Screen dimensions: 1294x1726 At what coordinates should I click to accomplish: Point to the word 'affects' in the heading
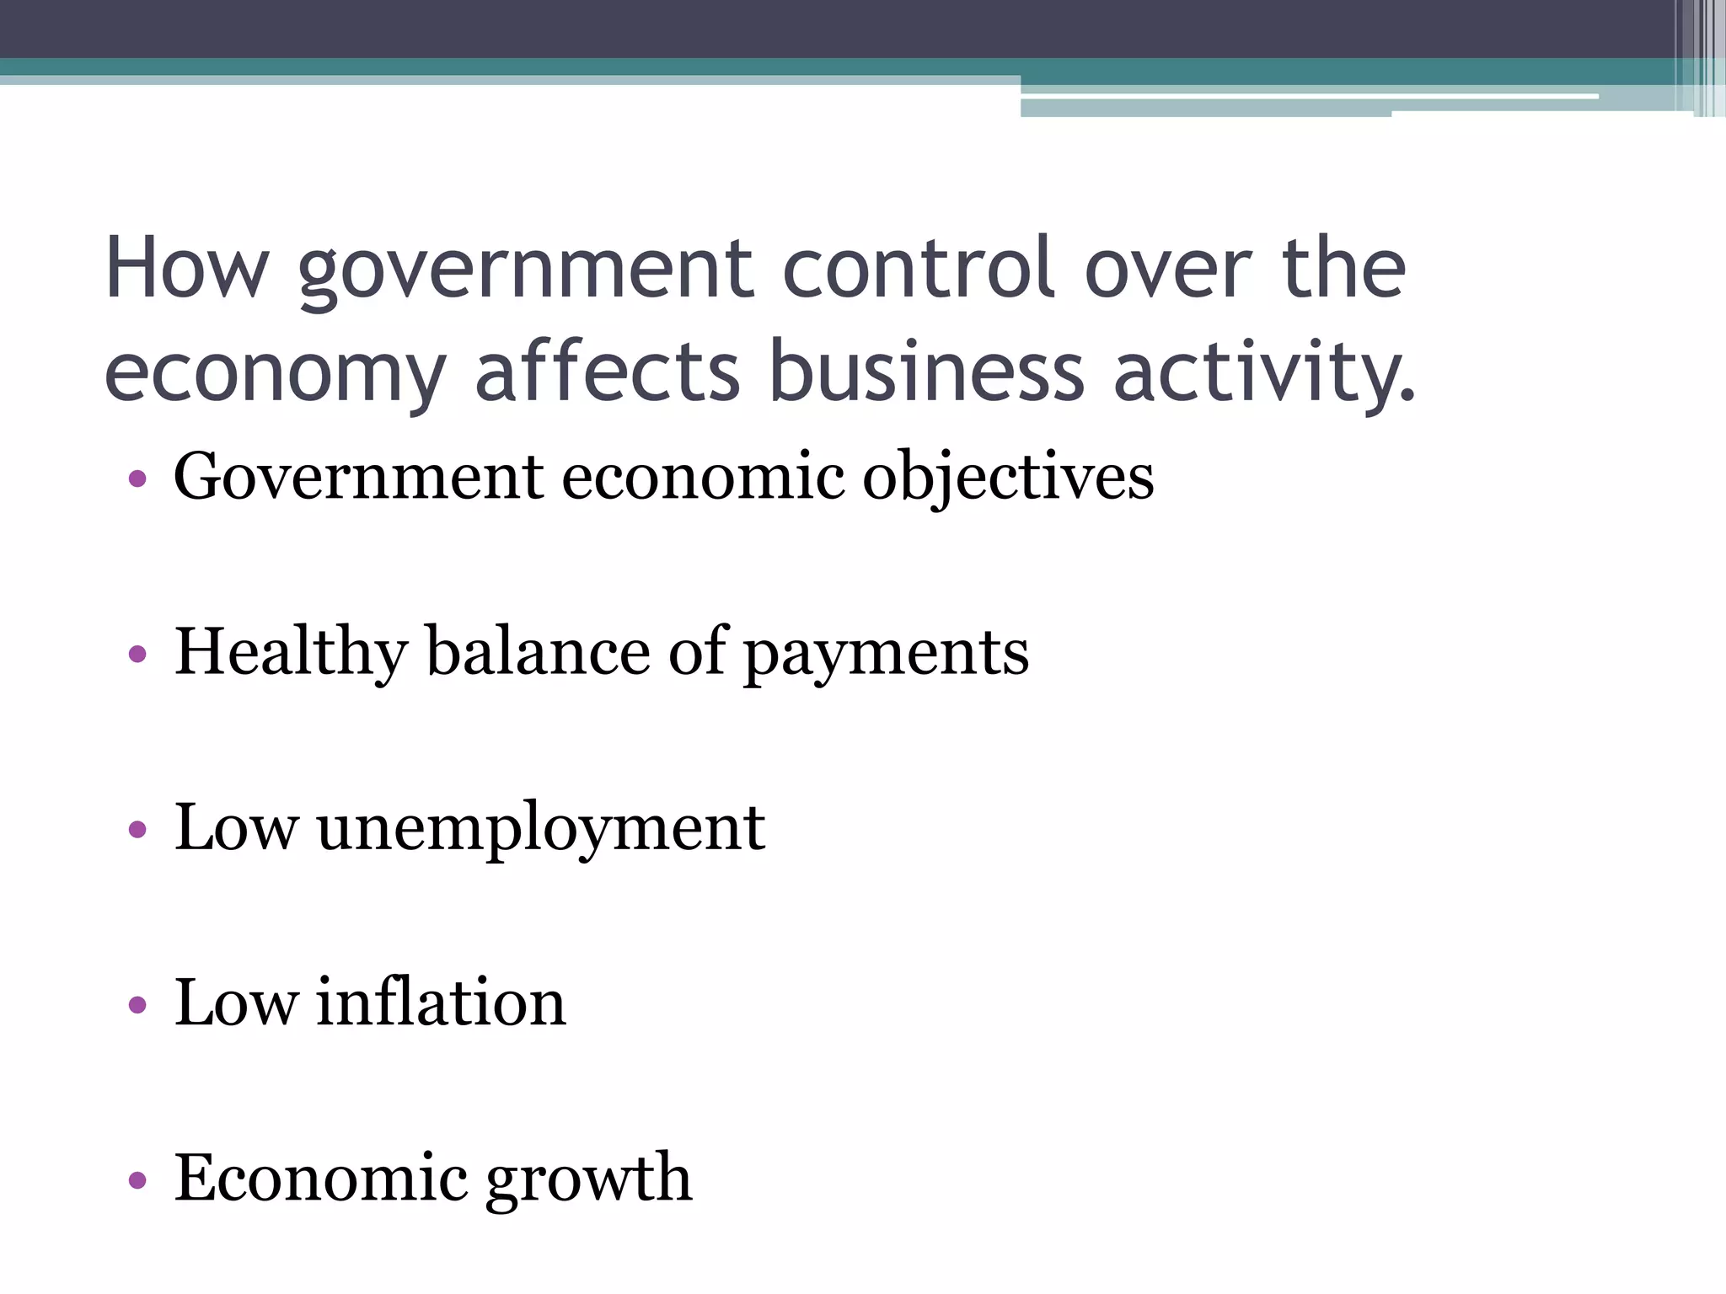(x=608, y=371)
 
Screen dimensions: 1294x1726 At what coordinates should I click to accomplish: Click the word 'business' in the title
(x=926, y=371)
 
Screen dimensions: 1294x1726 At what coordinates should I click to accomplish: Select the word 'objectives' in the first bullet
(x=1008, y=479)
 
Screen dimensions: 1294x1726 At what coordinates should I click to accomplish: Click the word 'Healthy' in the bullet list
(x=291, y=654)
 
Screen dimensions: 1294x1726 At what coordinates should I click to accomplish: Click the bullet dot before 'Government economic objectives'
(x=138, y=480)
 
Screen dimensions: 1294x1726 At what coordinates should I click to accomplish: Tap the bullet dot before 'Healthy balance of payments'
(x=138, y=655)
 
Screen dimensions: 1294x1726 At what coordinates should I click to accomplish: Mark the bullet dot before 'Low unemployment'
(x=138, y=830)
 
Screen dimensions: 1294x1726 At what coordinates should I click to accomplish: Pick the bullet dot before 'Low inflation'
(x=138, y=1004)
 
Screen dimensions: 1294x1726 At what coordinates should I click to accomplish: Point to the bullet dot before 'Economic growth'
(x=138, y=1179)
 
